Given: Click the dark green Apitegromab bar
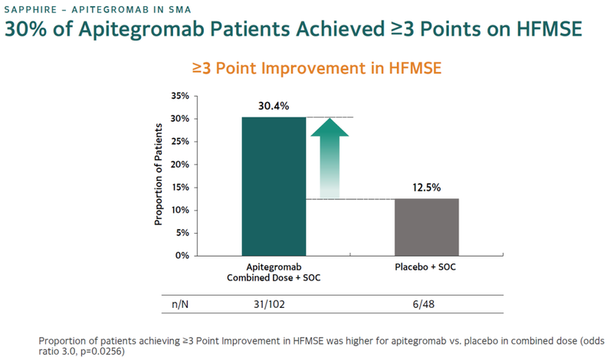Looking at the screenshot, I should [274, 186].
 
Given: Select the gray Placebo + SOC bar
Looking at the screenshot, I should [427, 227].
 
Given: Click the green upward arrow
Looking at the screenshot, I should [329, 157].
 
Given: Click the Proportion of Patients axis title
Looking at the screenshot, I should [159, 175].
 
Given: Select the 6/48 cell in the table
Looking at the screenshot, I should [427, 305].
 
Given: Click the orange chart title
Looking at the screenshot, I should [316, 68].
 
